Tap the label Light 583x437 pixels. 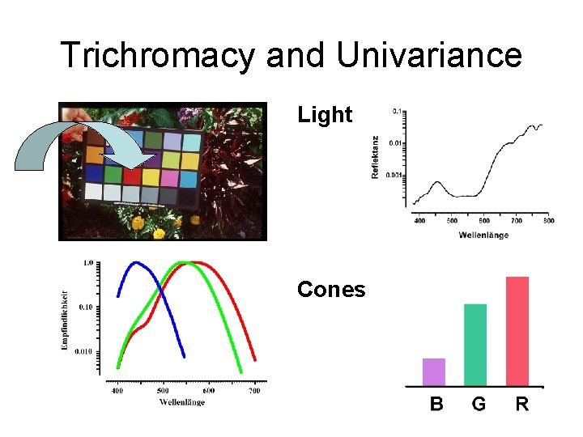point(325,116)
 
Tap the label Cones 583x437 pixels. point(331,290)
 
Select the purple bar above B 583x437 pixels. point(434,371)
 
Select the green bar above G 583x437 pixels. point(475,345)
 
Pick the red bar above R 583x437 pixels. point(517,331)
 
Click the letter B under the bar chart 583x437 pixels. point(436,404)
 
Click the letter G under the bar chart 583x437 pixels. point(479,404)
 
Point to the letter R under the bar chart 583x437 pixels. point(522,404)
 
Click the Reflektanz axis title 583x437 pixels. point(375,157)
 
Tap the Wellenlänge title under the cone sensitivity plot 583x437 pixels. point(182,402)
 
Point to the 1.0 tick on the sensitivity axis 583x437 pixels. point(87,263)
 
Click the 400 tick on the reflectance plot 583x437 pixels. point(419,220)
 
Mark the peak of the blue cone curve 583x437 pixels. point(136,262)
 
